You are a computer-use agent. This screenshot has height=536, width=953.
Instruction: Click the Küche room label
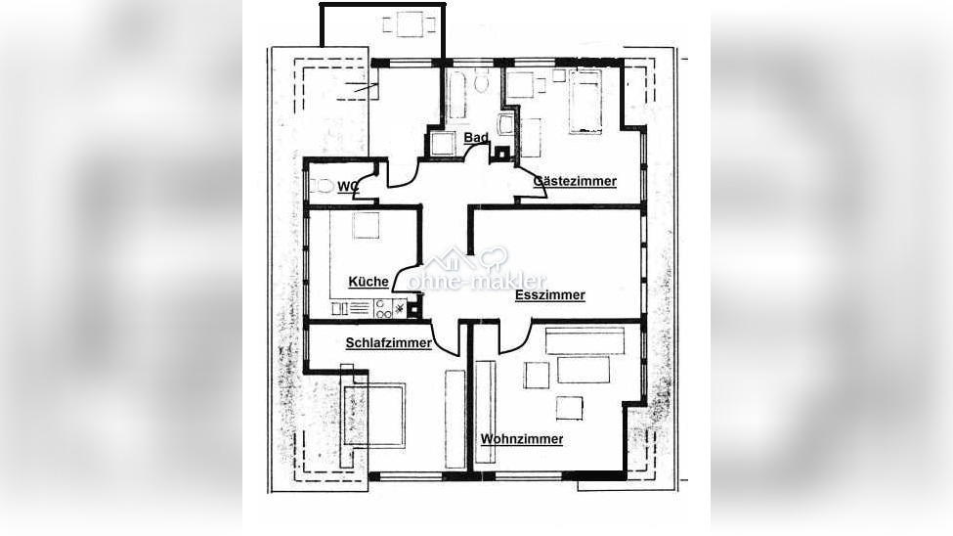click(368, 282)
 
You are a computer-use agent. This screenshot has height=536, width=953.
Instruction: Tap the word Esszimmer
click(550, 295)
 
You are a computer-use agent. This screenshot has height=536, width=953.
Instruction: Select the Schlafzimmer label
click(388, 343)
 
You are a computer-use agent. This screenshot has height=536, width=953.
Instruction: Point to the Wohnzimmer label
click(522, 439)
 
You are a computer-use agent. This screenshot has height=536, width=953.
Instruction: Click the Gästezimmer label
click(575, 181)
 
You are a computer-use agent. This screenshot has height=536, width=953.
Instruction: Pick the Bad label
click(476, 138)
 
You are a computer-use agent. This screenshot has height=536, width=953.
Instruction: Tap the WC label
click(348, 187)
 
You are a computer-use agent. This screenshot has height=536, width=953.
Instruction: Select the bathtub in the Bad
click(457, 94)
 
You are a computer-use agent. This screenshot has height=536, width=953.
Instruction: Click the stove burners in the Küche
click(383, 308)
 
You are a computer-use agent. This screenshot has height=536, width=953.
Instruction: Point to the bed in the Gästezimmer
click(585, 101)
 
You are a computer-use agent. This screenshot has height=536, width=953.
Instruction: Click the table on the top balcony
click(410, 24)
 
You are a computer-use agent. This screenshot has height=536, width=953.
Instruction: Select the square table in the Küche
click(366, 226)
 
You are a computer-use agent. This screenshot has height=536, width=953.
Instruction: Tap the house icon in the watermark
click(451, 260)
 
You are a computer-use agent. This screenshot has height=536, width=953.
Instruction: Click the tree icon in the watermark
click(494, 258)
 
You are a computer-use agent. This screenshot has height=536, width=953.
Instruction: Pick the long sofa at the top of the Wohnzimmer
click(585, 340)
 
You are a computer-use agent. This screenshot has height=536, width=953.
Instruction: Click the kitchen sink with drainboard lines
click(353, 308)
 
